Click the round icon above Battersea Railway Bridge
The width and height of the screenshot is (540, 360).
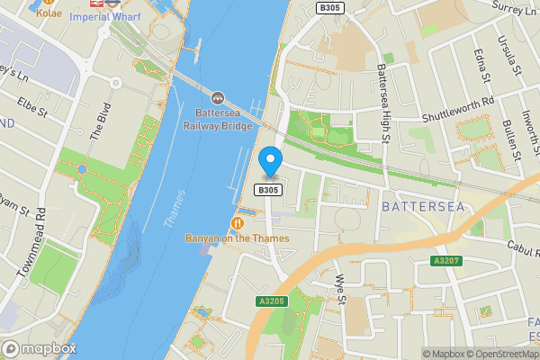pyautogui.click(x=217, y=97)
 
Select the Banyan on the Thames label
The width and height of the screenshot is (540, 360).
pyautogui.click(x=238, y=238)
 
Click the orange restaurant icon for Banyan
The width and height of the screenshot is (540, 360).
pyautogui.click(x=238, y=222)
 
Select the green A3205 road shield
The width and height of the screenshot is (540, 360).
pyautogui.click(x=271, y=301)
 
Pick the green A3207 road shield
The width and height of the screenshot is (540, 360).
pyautogui.click(x=446, y=261)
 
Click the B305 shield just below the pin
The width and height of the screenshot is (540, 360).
pyautogui.click(x=269, y=190)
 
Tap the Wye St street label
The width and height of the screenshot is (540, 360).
pyautogui.click(x=340, y=290)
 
